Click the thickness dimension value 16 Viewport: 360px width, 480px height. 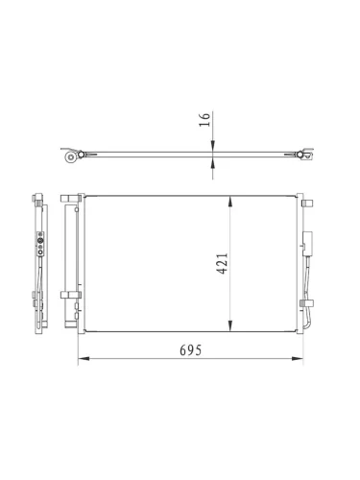pyautogui.click(x=205, y=120)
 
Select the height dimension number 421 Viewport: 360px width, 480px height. pyautogui.click(x=223, y=263)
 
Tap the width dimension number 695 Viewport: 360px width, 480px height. pyautogui.click(x=191, y=350)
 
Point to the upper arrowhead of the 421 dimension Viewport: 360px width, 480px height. pyautogui.click(x=230, y=202)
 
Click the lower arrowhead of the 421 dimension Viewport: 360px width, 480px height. pyautogui.click(x=230, y=325)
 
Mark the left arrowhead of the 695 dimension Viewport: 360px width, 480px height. pyautogui.click(x=84, y=359)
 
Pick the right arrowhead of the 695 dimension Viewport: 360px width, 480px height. pyautogui.click(x=298, y=359)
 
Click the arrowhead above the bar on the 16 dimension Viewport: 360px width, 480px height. pyautogui.click(x=213, y=146)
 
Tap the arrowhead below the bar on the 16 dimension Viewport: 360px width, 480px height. pyautogui.click(x=213, y=163)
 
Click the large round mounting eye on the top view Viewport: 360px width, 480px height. pyautogui.click(x=71, y=157)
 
